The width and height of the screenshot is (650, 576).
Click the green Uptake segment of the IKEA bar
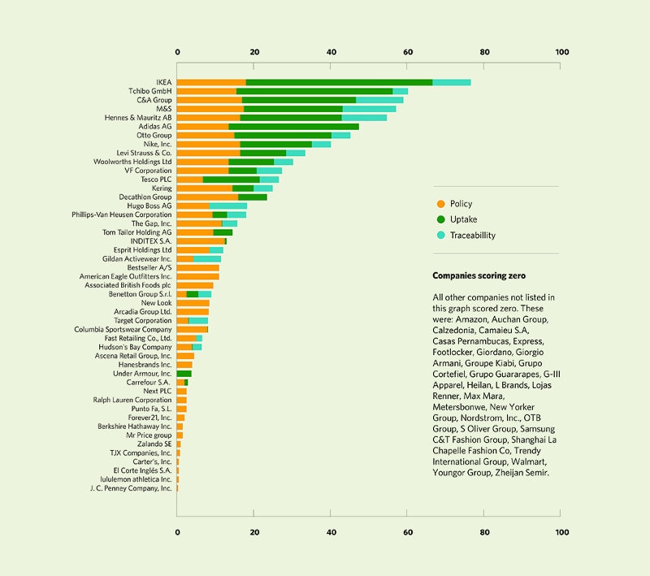(x=339, y=82)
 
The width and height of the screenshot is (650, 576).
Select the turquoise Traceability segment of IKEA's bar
(x=451, y=82)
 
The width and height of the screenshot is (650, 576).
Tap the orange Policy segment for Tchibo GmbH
(x=206, y=91)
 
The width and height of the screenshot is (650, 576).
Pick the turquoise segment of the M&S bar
(x=369, y=109)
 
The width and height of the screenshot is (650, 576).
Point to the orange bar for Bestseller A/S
(x=197, y=267)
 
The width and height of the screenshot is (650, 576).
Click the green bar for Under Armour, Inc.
(x=184, y=373)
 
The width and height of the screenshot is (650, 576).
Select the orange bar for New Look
(x=193, y=303)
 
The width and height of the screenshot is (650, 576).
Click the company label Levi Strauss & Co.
(x=144, y=153)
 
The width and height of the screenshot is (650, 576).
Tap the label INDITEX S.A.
(x=150, y=241)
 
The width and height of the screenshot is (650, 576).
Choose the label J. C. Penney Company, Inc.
(x=131, y=488)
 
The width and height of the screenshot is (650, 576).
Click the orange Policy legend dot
(x=440, y=204)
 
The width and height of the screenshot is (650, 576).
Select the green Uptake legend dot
(x=440, y=219)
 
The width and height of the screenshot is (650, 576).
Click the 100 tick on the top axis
(x=561, y=53)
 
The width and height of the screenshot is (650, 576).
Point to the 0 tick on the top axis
(x=177, y=53)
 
